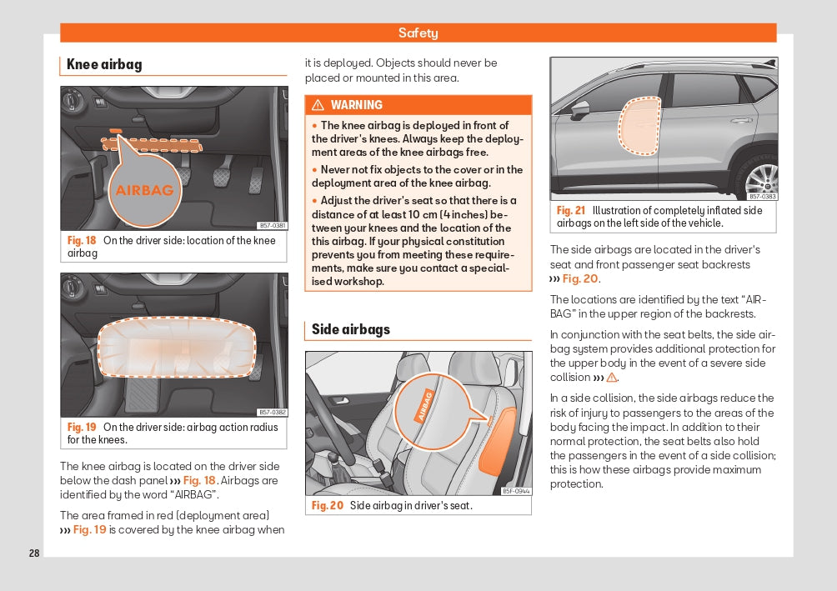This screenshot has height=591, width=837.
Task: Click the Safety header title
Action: click(x=418, y=33)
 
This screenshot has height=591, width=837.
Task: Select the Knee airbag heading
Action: click(x=104, y=64)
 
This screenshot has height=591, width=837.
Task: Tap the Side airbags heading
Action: click(x=350, y=329)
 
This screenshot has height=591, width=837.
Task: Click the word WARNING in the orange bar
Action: click(x=356, y=105)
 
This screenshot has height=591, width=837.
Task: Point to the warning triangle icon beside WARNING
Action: click(x=318, y=105)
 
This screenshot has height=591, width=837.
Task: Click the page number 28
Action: click(x=34, y=553)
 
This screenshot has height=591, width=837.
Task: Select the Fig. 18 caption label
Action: click(x=82, y=240)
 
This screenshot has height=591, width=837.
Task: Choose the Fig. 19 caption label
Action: click(x=82, y=427)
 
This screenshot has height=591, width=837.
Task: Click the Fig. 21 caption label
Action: click(x=571, y=210)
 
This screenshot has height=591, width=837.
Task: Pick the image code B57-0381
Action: click(x=272, y=225)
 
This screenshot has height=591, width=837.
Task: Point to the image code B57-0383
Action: click(x=761, y=196)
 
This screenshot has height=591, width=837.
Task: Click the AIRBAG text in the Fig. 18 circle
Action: click(x=144, y=190)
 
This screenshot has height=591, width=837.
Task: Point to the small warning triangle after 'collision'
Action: click(x=611, y=378)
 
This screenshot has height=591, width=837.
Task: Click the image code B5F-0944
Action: click(x=516, y=491)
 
